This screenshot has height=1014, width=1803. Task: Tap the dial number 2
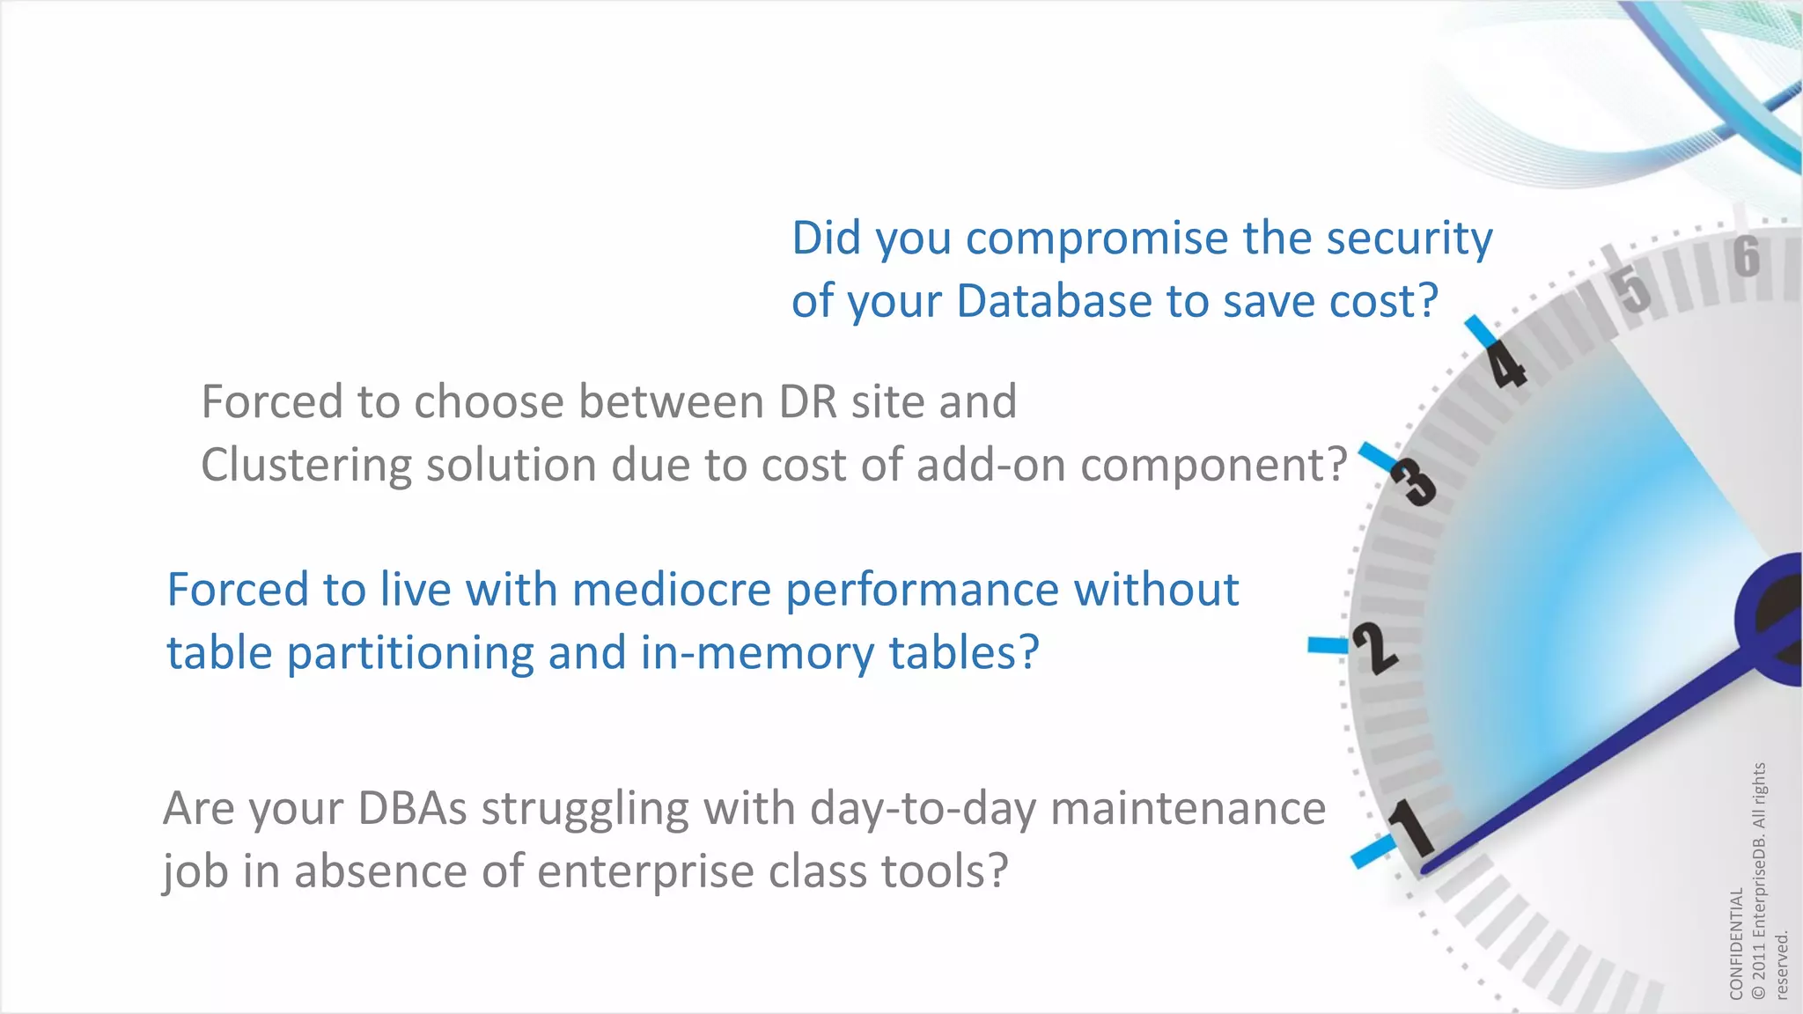click(1374, 648)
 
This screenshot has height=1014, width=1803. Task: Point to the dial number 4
click(1507, 365)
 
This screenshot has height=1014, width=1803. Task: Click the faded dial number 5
click(1633, 288)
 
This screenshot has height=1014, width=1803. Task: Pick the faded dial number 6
click(1747, 256)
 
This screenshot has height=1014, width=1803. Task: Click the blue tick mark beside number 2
click(1328, 645)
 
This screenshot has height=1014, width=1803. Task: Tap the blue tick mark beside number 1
click(1373, 851)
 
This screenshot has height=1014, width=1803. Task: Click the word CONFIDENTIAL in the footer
click(1736, 943)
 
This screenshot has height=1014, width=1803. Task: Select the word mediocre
click(673, 590)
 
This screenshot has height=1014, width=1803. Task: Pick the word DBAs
click(413, 808)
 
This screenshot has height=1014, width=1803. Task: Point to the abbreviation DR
click(807, 402)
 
